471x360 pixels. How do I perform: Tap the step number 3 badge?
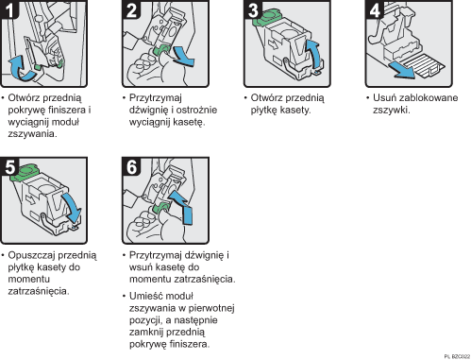click(x=254, y=11)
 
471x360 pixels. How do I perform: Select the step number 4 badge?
click(x=375, y=11)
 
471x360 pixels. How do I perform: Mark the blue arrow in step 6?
click(x=186, y=214)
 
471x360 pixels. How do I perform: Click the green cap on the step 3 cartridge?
click(x=273, y=16)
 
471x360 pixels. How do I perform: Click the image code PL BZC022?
click(x=454, y=354)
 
